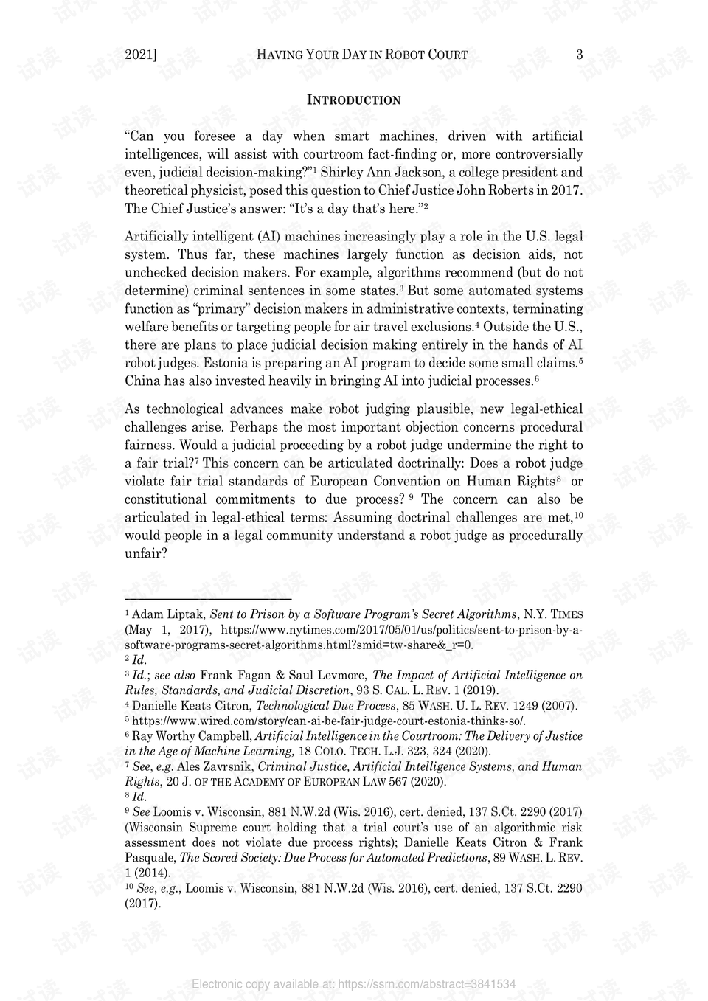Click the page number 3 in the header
(579, 54)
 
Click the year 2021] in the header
(141, 54)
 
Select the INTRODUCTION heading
(353, 100)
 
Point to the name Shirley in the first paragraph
(345, 173)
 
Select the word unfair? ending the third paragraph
(145, 553)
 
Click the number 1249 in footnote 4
(528, 706)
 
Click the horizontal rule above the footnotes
(208, 600)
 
